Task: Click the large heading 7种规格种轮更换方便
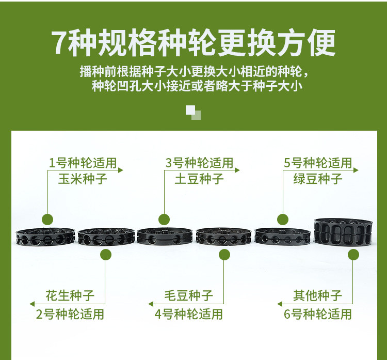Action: (x=193, y=42)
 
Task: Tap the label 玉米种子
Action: (x=83, y=179)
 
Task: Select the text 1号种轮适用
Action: (x=83, y=163)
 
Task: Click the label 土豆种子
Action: (x=199, y=179)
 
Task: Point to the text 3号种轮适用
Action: (x=199, y=163)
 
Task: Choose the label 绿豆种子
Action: (x=318, y=179)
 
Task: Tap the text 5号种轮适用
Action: (x=318, y=163)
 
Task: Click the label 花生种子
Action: (x=70, y=295)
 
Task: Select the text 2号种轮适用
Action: (x=70, y=314)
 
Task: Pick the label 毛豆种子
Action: (x=188, y=295)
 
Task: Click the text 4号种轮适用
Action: (x=189, y=314)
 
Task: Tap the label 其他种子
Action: (x=317, y=295)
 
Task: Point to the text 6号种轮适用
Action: (x=318, y=314)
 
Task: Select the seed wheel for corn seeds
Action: (x=45, y=237)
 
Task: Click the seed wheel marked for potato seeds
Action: (x=165, y=236)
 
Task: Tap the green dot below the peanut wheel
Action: (x=106, y=255)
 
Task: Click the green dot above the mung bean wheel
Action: (x=283, y=220)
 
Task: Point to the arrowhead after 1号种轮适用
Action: (x=121, y=170)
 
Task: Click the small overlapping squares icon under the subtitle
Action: (x=193, y=113)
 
